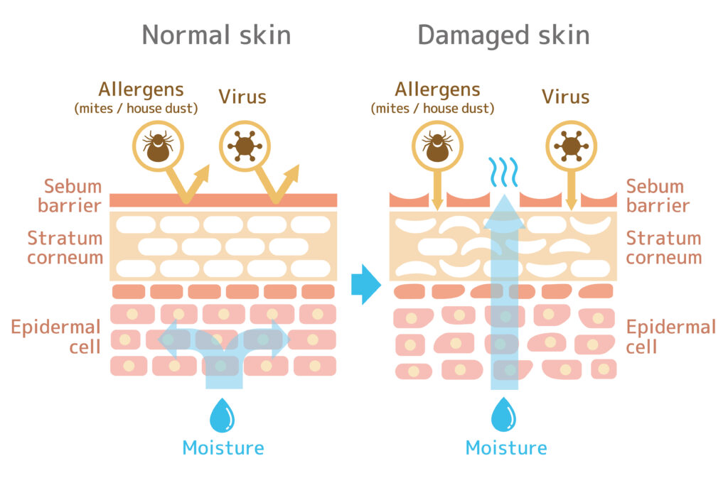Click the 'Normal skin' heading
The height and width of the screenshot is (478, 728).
click(x=216, y=35)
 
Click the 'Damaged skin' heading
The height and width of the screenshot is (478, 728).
click(x=504, y=36)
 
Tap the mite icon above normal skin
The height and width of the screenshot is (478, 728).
click(x=158, y=146)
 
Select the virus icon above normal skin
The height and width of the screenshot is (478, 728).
click(x=245, y=146)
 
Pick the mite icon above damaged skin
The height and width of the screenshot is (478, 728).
click(x=437, y=146)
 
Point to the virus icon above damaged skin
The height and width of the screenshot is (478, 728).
click(x=571, y=146)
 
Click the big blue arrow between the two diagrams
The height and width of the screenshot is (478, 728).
click(x=366, y=284)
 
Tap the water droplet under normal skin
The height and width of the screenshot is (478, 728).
click(x=222, y=415)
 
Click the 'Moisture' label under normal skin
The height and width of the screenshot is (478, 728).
click(x=223, y=448)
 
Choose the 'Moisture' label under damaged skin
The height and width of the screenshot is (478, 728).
click(x=506, y=448)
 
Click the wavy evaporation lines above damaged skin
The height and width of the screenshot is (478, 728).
click(x=503, y=172)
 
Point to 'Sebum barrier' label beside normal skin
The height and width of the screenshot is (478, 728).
click(x=70, y=195)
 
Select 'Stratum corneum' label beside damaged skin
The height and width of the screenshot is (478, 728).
click(x=664, y=248)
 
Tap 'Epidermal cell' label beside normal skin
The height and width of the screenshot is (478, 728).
click(x=55, y=337)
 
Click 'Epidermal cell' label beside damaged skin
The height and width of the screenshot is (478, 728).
click(x=671, y=337)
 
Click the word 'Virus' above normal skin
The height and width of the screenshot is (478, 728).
click(x=242, y=97)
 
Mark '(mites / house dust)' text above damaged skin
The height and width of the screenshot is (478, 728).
click(x=432, y=109)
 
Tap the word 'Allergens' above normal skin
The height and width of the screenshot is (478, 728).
click(x=141, y=90)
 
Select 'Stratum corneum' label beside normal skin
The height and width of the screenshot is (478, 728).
click(x=65, y=248)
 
